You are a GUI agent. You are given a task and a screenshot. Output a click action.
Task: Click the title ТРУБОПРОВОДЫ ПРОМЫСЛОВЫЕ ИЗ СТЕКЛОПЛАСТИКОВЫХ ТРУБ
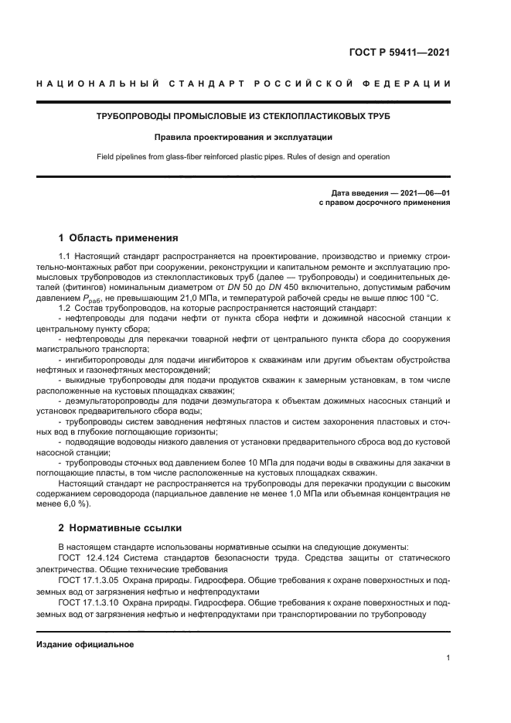point(242,116)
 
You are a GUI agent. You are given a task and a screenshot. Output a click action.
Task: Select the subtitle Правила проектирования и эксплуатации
point(242,137)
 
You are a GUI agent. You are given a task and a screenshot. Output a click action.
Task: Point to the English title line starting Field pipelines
point(242,157)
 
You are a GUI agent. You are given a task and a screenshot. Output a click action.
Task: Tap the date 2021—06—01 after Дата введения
point(424,193)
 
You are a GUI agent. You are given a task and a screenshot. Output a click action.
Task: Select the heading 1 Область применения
point(118,237)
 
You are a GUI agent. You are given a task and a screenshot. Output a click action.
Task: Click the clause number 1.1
point(65,255)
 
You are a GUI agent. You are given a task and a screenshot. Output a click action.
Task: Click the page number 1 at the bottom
point(448,658)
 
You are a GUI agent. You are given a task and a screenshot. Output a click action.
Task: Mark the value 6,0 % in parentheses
point(73,503)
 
